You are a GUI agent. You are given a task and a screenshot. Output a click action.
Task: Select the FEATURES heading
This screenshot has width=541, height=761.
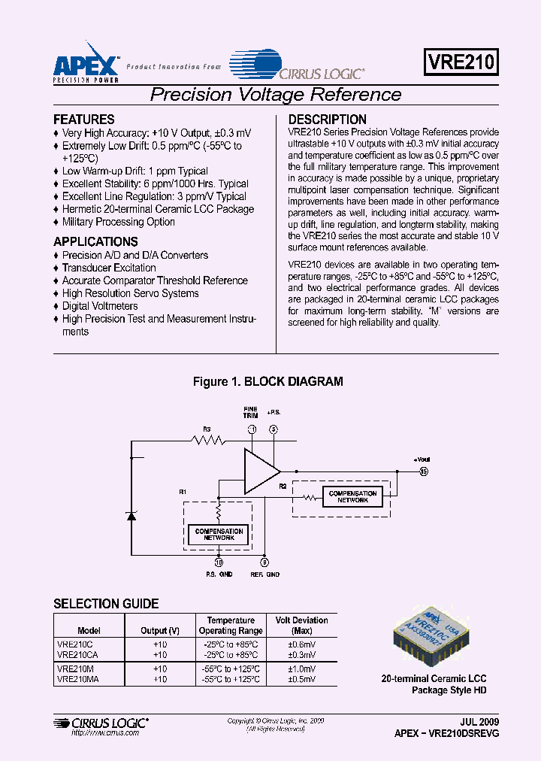click(x=83, y=120)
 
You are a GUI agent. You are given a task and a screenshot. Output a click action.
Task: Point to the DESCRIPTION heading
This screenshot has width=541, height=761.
click(x=328, y=120)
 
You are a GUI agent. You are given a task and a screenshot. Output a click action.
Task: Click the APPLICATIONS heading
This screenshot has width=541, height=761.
click(x=95, y=242)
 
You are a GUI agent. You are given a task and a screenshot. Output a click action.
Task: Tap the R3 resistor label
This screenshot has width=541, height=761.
click(x=207, y=429)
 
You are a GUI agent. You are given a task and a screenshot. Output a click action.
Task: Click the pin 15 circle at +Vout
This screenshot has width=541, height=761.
click(x=424, y=471)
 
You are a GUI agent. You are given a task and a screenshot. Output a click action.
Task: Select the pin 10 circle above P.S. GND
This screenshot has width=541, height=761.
click(x=219, y=561)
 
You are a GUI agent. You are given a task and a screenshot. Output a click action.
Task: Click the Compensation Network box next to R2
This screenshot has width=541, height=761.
click(x=352, y=497)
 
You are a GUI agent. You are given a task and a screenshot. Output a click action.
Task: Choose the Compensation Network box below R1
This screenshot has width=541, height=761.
click(x=219, y=535)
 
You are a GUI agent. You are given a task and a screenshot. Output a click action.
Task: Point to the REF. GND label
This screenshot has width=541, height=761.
click(x=264, y=575)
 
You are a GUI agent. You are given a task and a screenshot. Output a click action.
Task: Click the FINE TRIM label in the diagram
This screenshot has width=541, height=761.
click(x=250, y=413)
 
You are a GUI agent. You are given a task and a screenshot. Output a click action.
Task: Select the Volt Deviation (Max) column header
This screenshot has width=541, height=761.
click(x=302, y=626)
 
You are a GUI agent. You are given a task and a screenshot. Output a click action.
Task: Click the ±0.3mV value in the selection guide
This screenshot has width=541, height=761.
click(x=302, y=655)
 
